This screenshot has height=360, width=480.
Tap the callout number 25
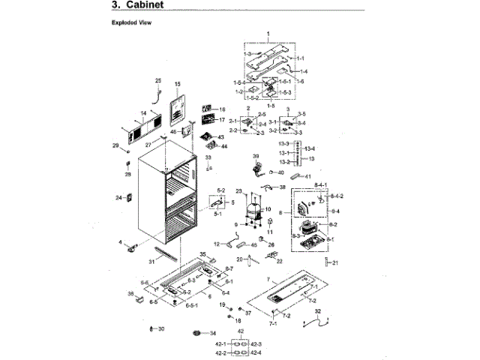coord(158,81)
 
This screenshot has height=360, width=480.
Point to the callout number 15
coord(178,84)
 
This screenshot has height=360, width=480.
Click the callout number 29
coord(115,145)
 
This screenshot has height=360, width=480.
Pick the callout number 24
coord(118,198)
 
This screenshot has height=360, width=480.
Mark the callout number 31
coord(151,261)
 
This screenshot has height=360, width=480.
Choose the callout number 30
coord(161,329)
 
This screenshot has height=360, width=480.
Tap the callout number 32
coord(317,310)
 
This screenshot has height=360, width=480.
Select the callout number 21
coord(335,262)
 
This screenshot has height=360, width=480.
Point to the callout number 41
coord(307,177)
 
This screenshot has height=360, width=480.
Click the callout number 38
coord(282,187)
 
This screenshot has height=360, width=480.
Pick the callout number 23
coord(239,192)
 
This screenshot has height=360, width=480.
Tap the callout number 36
coord(130,293)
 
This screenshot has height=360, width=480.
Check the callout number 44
coord(223,146)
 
